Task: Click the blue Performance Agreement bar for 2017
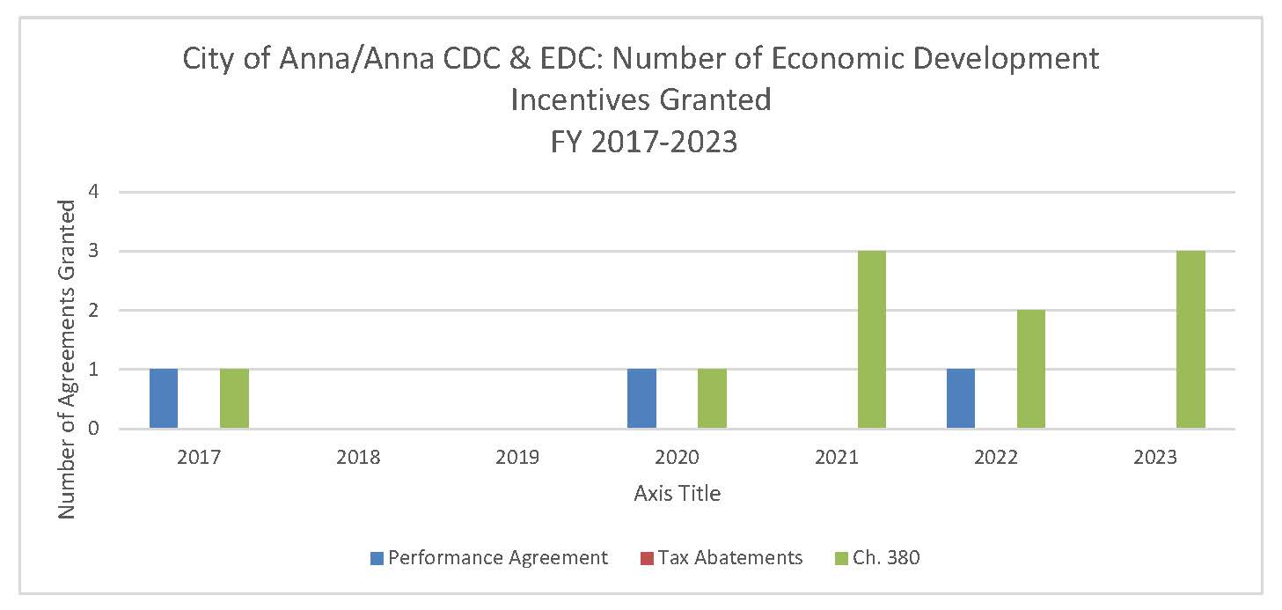[164, 399]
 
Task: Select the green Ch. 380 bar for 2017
[234, 399]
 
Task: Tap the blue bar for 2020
[641, 399]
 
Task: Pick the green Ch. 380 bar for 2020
[712, 399]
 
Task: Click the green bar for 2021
[871, 340]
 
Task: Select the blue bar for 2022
[960, 399]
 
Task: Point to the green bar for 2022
[1030, 370]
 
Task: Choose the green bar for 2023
[1190, 340]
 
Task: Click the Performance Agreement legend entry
[489, 557]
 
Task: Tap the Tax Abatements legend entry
[721, 557]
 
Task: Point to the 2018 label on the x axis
[358, 458]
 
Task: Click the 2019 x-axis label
[517, 458]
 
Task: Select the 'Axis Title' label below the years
[677, 494]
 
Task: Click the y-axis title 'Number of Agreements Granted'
[67, 359]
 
